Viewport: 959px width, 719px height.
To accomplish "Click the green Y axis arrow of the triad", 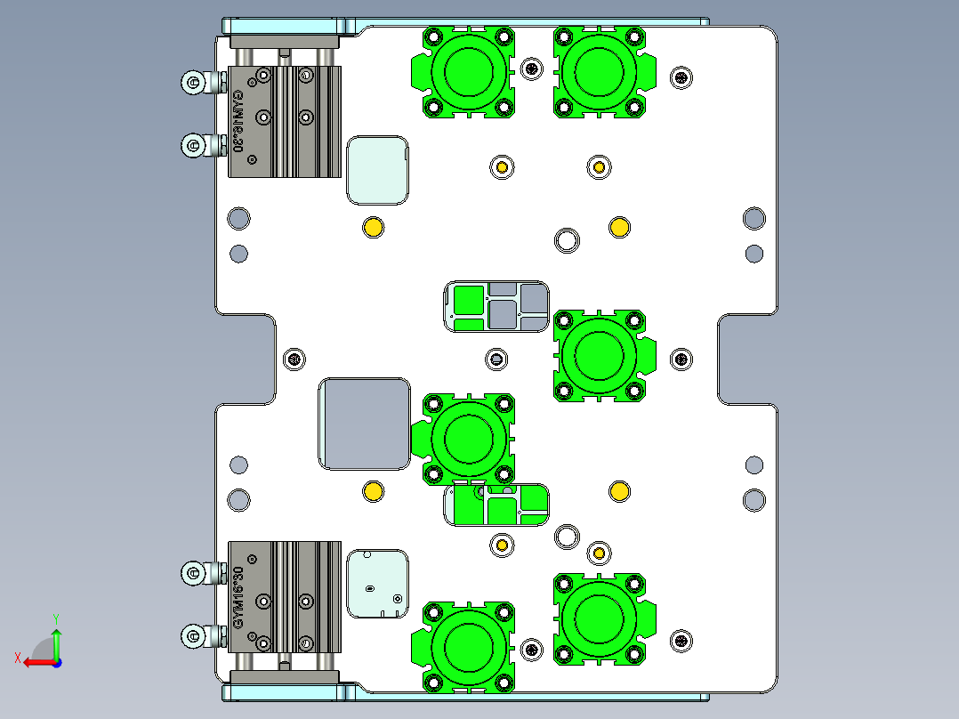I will [x=56, y=640].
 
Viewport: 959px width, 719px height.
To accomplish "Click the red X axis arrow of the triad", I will [x=36, y=661].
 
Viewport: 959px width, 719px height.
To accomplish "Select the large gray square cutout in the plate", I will [x=363, y=424].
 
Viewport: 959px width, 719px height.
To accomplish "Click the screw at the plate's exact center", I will [x=497, y=359].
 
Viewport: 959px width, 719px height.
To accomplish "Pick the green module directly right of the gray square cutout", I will [x=464, y=437].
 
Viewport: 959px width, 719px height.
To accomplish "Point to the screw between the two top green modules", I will [x=532, y=69].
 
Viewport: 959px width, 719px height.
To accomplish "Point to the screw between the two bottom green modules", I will [x=532, y=649].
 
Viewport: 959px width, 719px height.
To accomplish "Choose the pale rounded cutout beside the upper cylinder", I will [x=378, y=169].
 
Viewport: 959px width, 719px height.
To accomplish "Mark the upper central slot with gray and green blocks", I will [x=496, y=307].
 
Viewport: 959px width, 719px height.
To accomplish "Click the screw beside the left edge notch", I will [x=294, y=359].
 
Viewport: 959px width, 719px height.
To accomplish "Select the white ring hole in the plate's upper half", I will [x=567, y=239].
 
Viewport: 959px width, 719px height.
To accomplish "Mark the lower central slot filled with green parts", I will [x=496, y=505].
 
